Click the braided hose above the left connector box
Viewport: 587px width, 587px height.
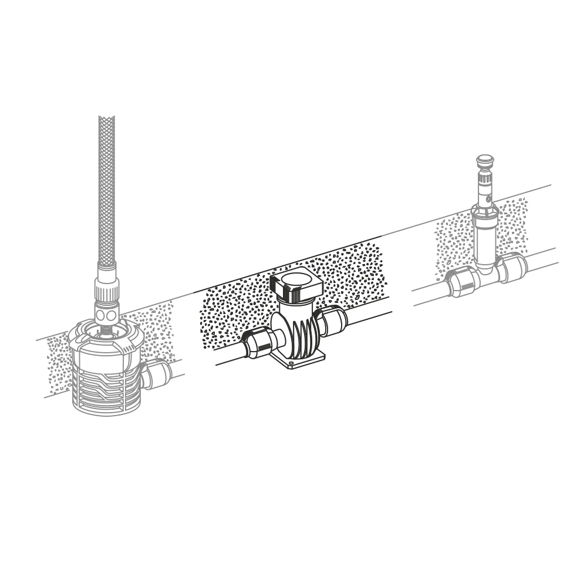click(106, 188)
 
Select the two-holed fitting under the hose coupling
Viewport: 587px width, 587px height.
click(107, 314)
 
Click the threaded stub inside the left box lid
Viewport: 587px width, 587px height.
click(106, 330)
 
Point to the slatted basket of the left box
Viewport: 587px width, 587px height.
click(106, 384)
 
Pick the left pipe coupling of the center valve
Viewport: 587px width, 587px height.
click(258, 343)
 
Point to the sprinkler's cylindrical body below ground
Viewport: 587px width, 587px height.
click(485, 241)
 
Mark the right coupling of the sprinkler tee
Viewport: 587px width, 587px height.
click(512, 268)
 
